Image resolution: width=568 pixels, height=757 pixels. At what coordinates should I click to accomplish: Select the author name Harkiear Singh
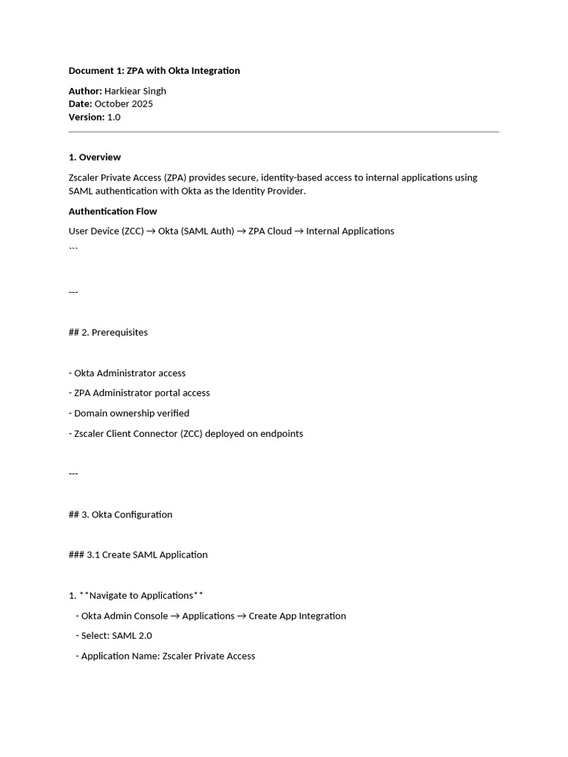(135, 91)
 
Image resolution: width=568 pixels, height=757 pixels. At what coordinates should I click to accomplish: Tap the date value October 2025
(124, 104)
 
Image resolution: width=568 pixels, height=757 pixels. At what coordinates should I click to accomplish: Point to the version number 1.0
(114, 117)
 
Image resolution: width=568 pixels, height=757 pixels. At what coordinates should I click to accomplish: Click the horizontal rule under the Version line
(283, 132)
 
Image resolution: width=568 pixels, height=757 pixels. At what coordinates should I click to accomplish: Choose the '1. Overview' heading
(95, 157)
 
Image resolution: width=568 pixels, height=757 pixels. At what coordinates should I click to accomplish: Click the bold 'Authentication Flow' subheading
(112, 211)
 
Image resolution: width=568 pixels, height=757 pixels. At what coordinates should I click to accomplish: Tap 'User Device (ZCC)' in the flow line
(106, 231)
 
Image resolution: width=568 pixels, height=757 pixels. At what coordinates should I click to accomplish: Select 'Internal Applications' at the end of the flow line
(350, 231)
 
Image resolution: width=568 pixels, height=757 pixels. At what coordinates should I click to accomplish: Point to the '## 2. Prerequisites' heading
(108, 333)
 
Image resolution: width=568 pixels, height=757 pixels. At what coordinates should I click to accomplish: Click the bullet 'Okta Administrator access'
(127, 373)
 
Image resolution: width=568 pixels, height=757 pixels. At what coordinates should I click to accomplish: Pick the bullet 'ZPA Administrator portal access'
(139, 393)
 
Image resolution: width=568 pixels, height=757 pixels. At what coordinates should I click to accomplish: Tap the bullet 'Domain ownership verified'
(129, 413)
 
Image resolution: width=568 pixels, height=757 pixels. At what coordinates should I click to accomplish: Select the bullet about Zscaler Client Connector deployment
(186, 434)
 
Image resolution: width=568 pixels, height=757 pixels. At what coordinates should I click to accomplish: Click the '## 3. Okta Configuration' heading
(121, 515)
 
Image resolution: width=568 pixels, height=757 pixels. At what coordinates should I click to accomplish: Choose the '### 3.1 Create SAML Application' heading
(138, 555)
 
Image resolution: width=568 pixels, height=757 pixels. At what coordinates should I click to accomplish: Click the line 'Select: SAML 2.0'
(114, 636)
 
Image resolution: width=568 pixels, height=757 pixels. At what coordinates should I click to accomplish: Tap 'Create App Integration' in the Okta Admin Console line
(297, 616)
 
